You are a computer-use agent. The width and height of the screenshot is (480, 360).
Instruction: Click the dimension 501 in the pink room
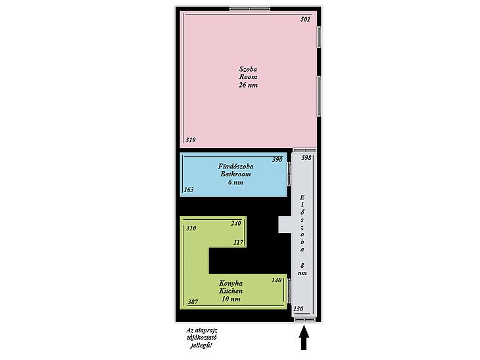pos(305,19)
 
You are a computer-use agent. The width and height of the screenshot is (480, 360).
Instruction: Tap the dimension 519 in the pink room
pos(191,140)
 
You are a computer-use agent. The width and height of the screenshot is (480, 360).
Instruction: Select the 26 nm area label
pos(248,85)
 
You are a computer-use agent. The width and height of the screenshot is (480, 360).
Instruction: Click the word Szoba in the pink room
pos(248,69)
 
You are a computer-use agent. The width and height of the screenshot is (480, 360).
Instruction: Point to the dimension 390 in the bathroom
pos(277,160)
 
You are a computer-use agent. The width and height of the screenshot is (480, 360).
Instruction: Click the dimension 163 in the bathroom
pos(189,190)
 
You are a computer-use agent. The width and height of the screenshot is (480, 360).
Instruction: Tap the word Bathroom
pos(235,174)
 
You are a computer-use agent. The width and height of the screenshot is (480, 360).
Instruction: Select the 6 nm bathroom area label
pos(235,182)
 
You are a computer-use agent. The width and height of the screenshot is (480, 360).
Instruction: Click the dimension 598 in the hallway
pos(306,158)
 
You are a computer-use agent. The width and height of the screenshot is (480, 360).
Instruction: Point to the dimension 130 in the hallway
pos(298,309)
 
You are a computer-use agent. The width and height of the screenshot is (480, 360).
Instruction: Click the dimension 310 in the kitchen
pos(191,228)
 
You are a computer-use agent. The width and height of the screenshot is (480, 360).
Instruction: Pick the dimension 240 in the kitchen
pos(236,223)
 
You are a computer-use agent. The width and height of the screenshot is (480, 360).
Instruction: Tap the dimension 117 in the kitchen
pos(239,243)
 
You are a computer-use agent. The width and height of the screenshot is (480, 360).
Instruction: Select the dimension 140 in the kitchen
pos(276,280)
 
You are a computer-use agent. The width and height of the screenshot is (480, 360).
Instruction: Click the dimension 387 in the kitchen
pos(193,302)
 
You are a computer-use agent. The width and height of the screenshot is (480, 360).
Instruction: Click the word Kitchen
pos(231,291)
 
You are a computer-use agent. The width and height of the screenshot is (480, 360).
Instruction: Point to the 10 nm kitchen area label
pos(231,299)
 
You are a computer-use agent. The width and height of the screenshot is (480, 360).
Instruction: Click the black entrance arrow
pos(304,338)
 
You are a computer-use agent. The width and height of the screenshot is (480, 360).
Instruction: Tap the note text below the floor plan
pos(201,338)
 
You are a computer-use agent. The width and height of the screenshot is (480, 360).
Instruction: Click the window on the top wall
pos(250,9)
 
